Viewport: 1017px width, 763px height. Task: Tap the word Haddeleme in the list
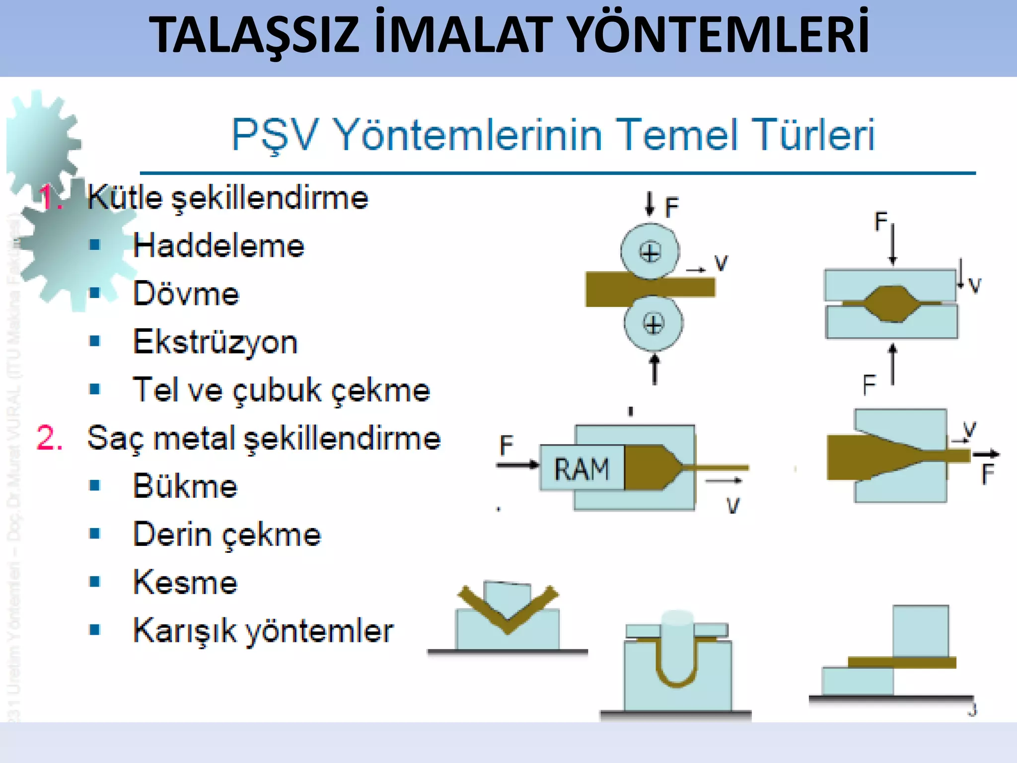(218, 246)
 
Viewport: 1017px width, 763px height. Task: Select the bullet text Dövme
(186, 294)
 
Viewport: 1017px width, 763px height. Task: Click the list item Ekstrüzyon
(215, 342)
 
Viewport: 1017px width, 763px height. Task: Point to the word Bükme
(185, 486)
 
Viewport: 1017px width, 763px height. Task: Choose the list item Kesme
(185, 583)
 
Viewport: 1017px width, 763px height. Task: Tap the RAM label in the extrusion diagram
(581, 469)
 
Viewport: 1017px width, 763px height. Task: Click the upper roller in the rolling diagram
(650, 251)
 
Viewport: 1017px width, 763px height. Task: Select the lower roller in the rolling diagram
(653, 324)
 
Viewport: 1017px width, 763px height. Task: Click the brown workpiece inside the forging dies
(892, 303)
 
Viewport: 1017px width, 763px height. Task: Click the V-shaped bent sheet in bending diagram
(508, 616)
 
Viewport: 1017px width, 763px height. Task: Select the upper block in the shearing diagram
(920, 631)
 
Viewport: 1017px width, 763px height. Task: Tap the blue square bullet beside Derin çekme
(95, 534)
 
